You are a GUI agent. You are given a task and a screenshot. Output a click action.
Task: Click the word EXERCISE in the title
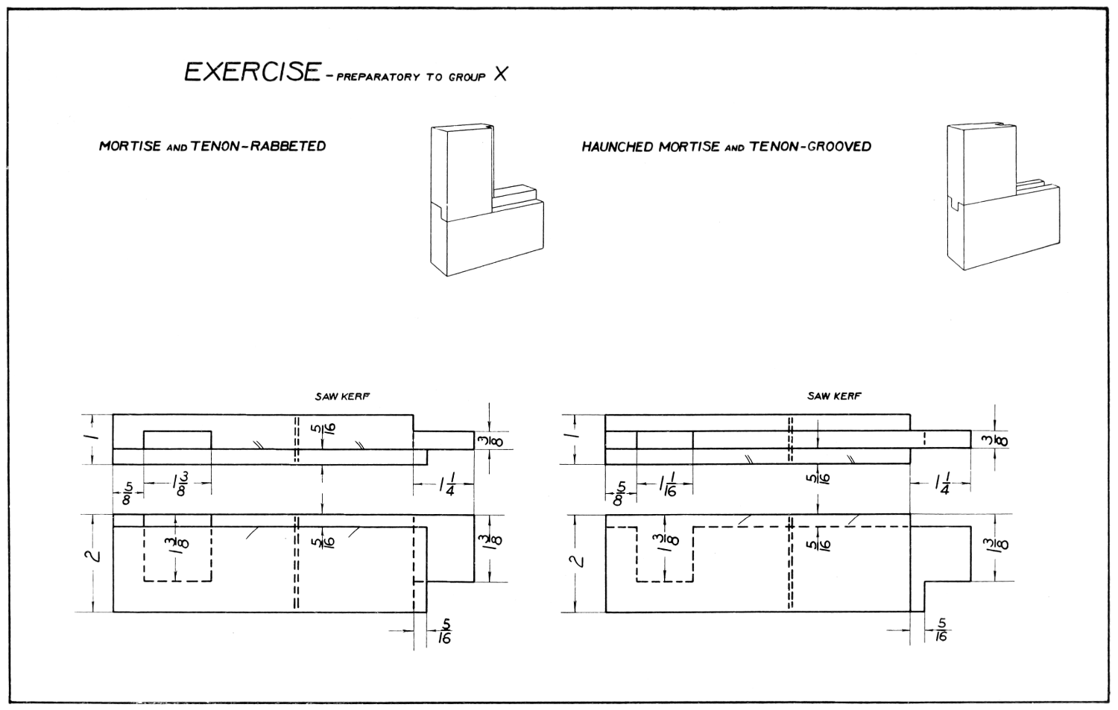click(251, 72)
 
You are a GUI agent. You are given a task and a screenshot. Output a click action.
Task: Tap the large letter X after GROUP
click(500, 75)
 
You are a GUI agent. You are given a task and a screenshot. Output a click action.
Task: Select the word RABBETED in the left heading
click(288, 146)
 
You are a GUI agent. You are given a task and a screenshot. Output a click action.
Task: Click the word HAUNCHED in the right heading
click(616, 147)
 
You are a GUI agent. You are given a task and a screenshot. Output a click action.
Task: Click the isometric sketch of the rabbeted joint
click(486, 200)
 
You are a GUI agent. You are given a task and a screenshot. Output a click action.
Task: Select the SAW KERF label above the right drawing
click(833, 396)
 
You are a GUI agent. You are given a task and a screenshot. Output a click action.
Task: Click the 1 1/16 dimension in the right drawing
click(666, 488)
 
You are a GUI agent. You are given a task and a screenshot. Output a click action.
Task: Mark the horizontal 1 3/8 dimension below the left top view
click(180, 486)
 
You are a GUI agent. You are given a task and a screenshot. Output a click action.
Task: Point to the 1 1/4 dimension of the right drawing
click(942, 487)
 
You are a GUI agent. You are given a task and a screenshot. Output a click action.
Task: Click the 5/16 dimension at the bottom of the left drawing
click(445, 632)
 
